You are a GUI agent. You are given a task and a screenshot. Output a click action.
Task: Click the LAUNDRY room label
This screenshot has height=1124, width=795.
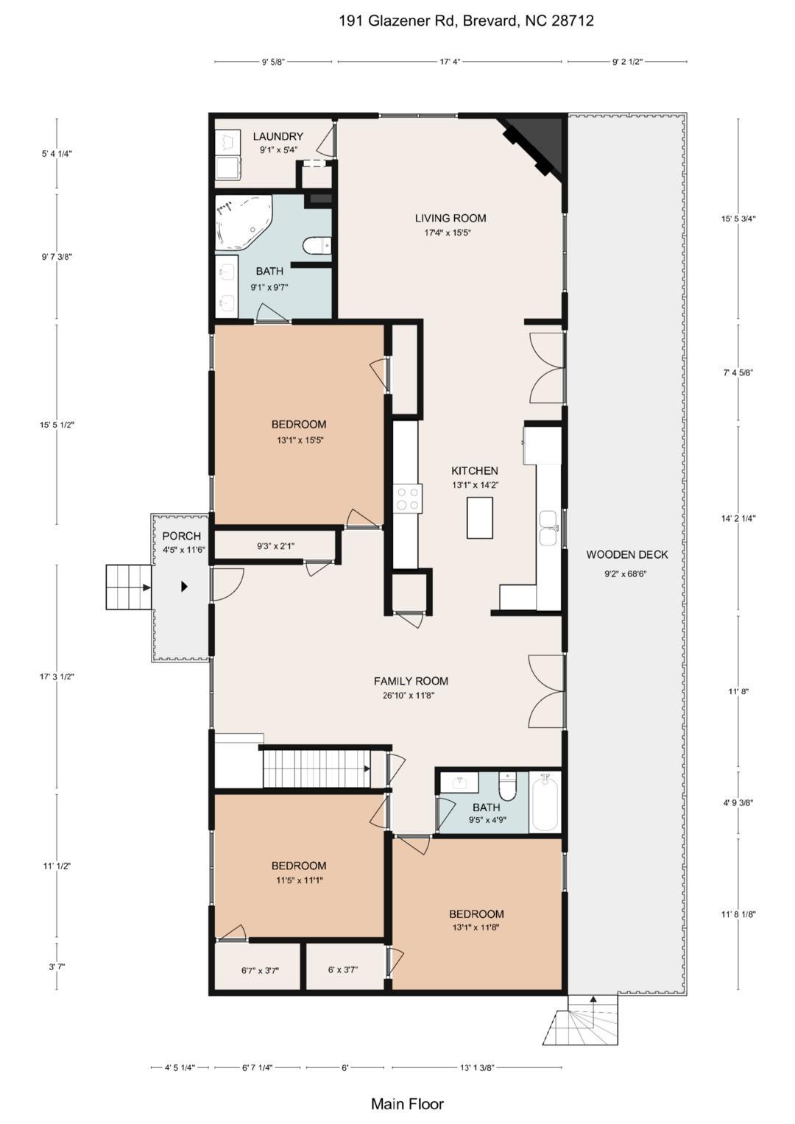pos(278,136)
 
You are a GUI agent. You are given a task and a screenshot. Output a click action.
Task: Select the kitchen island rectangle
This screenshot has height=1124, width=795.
pos(479,517)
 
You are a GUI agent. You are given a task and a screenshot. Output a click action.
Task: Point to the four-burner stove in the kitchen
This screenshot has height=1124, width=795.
pos(407,498)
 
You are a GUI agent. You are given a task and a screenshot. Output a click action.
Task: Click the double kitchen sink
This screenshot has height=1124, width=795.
pos(548,528)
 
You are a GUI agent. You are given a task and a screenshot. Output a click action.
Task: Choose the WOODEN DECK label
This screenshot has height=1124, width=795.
pos(627,554)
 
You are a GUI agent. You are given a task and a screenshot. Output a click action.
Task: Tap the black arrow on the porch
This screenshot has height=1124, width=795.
pos(184,586)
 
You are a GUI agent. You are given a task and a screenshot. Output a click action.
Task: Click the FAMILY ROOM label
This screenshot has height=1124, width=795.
pos(411,681)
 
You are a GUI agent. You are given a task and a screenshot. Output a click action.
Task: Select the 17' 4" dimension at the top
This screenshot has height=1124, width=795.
pos(450,62)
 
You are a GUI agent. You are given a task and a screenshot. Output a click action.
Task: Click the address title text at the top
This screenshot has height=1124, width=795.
pos(466,21)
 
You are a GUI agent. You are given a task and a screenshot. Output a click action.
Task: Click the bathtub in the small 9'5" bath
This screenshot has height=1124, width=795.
pos(545,802)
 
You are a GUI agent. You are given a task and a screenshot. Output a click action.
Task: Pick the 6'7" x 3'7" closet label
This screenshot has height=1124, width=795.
pos(259,970)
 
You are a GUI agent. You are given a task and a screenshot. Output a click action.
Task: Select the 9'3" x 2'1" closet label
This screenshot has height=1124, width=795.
pos(275,546)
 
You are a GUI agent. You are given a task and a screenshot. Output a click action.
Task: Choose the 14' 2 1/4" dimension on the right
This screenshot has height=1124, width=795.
pos(738,519)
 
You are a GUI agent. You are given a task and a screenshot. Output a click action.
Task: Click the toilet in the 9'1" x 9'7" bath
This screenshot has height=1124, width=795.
pos(317,245)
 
